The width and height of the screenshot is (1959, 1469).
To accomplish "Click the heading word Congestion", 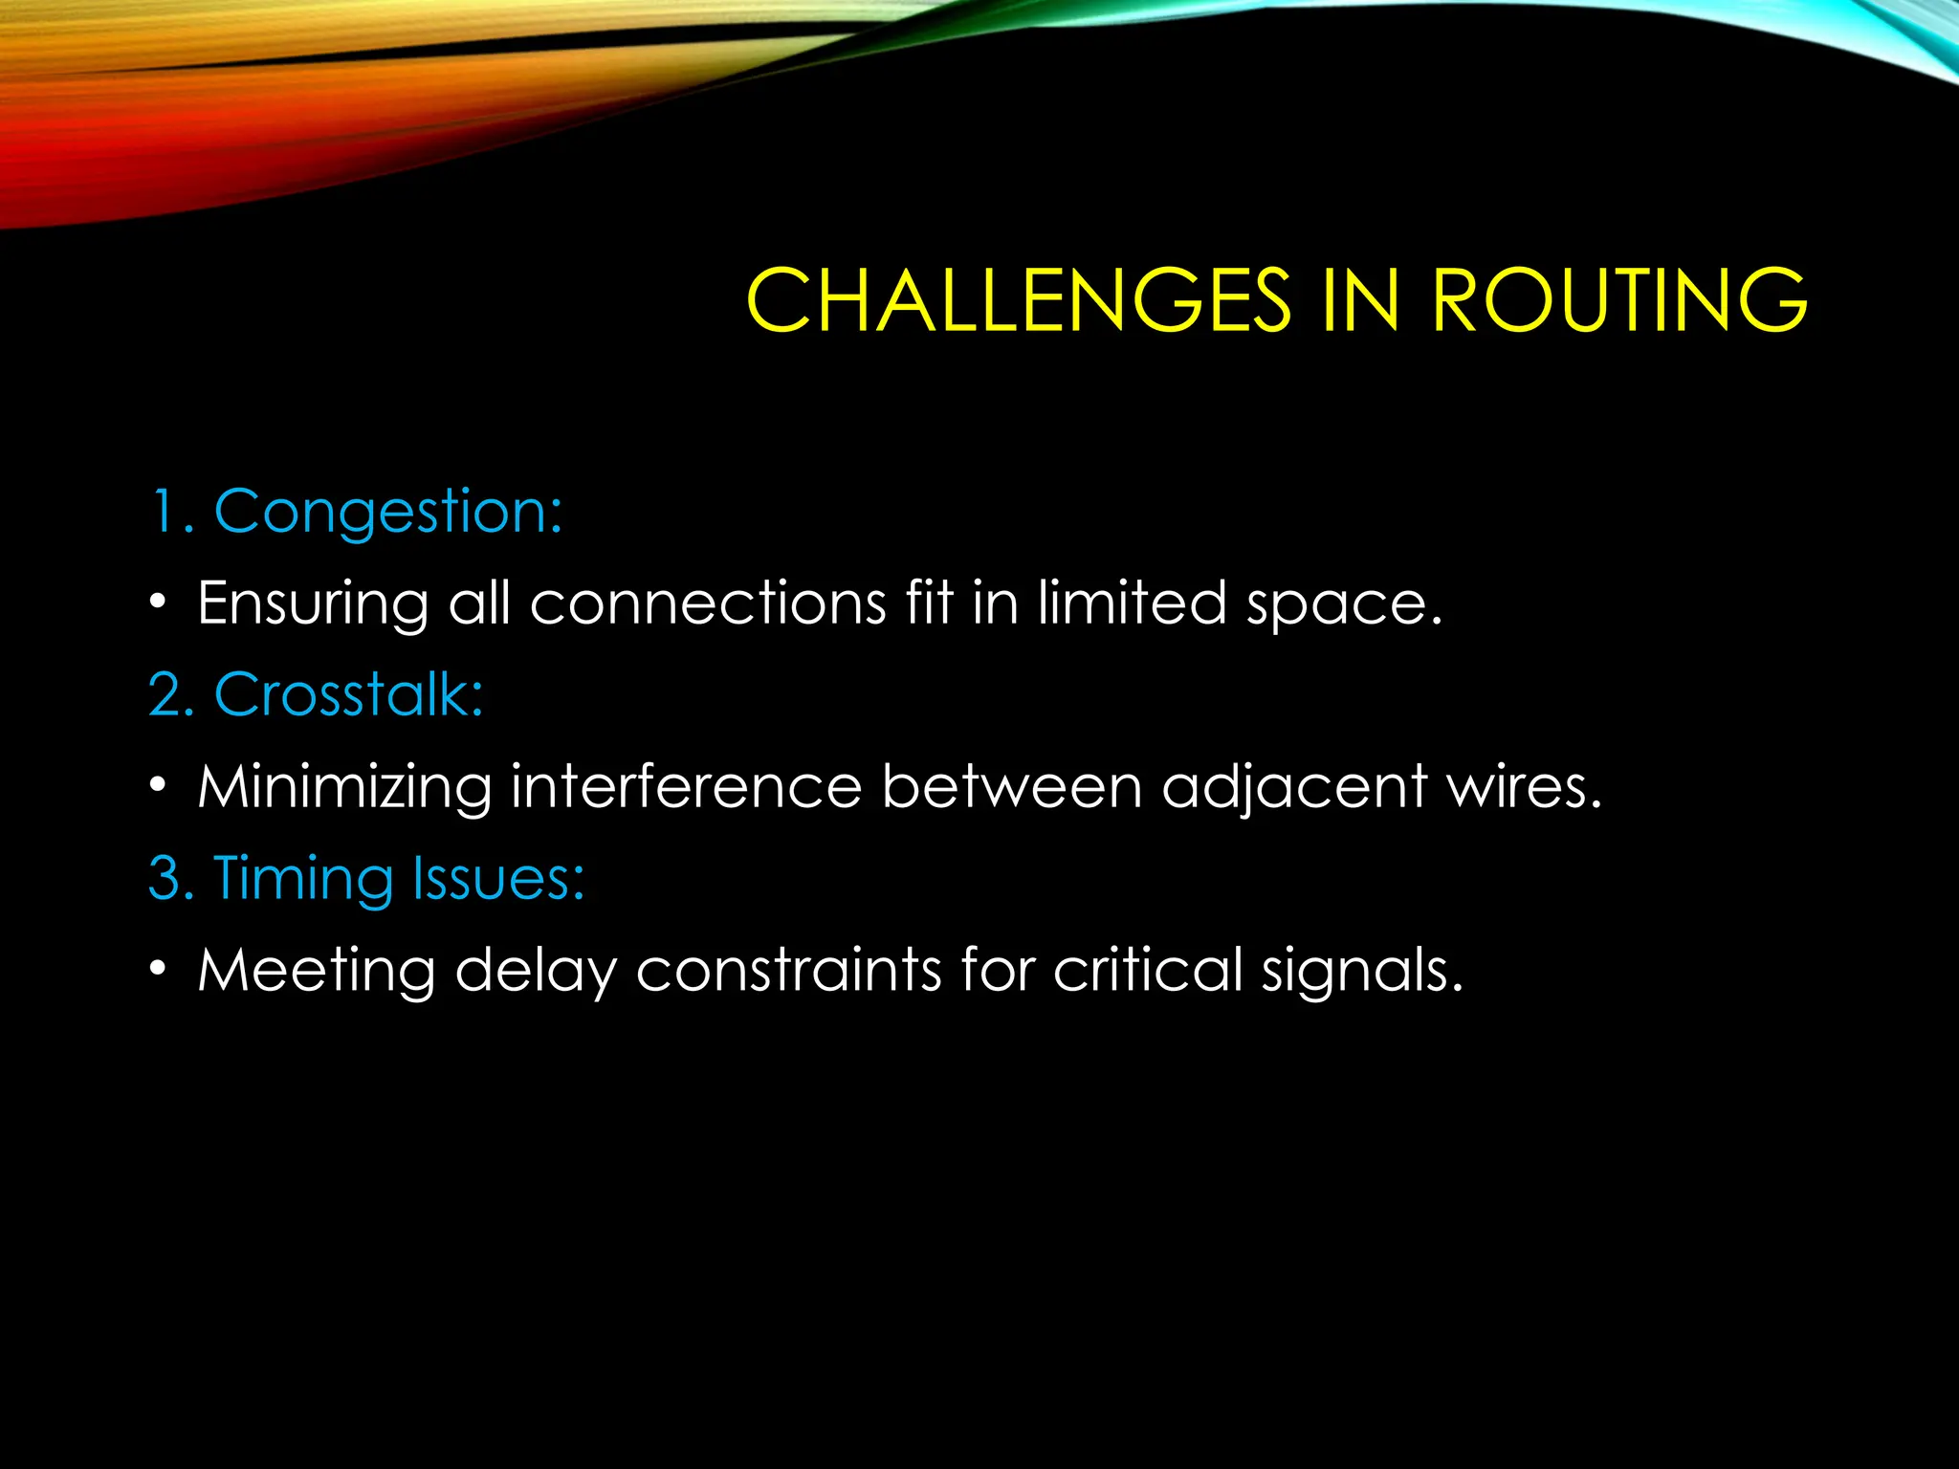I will tap(387, 513).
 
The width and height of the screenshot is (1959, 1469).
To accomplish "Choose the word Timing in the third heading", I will tap(302, 878).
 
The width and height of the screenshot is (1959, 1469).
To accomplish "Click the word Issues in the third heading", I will tap(497, 878).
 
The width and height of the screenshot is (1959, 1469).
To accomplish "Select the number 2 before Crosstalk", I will tap(170, 694).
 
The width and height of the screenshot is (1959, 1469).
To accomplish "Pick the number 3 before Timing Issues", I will tap(170, 878).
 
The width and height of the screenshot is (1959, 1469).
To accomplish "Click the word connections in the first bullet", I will tap(708, 603).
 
